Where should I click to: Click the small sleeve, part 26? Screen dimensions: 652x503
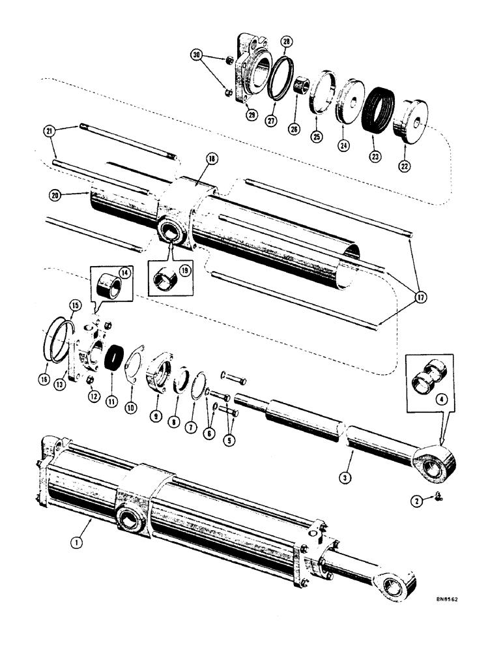point(302,85)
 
